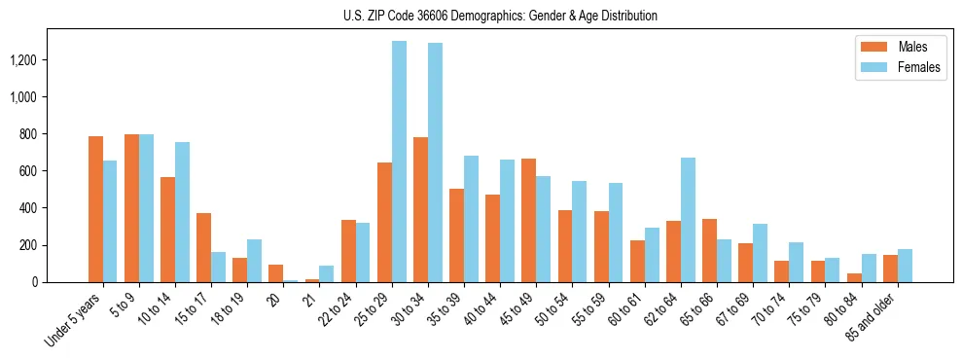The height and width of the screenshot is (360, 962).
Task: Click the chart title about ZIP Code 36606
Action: (500, 16)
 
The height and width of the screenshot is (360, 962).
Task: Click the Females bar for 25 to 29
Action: (399, 162)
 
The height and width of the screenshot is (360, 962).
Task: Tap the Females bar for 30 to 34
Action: (435, 162)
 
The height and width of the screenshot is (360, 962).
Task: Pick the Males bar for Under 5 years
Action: (95, 209)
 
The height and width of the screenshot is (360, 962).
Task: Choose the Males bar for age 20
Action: (275, 273)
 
